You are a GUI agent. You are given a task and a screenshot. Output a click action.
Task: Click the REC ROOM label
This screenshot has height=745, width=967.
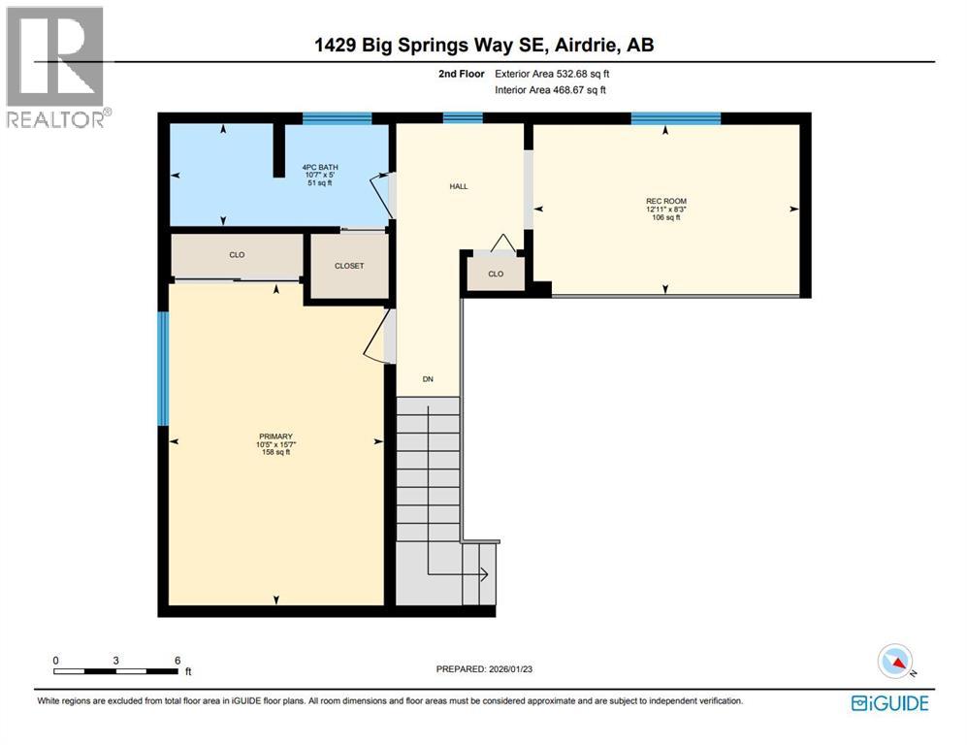point(665,202)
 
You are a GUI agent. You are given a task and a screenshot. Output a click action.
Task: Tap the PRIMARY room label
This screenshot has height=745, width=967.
point(275,437)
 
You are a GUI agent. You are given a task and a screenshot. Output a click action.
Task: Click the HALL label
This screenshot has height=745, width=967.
point(459,186)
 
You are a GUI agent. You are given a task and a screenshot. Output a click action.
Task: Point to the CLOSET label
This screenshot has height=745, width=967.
point(348,266)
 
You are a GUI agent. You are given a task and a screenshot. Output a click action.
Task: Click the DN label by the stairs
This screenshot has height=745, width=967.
point(427,379)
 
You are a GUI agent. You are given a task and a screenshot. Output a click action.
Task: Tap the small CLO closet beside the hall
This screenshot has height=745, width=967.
point(496,274)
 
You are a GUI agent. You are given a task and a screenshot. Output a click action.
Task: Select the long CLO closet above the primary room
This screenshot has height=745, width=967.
point(237,255)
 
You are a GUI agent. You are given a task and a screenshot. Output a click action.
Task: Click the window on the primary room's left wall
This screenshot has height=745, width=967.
point(163,369)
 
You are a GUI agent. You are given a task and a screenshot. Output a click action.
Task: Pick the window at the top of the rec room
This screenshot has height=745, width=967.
point(675,118)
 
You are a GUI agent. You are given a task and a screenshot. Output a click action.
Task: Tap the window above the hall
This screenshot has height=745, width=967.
point(463,118)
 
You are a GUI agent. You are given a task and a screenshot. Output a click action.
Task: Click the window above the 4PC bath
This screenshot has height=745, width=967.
point(337,118)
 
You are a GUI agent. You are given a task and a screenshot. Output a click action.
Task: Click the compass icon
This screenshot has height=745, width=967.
point(896,662)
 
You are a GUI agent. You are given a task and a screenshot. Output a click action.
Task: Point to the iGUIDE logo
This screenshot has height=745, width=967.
point(889,703)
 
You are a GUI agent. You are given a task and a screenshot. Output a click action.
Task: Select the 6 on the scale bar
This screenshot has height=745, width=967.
point(177,660)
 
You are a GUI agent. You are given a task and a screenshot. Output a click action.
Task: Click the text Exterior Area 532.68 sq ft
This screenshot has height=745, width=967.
point(553,74)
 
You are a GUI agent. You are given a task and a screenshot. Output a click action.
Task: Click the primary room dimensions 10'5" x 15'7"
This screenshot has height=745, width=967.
point(275,444)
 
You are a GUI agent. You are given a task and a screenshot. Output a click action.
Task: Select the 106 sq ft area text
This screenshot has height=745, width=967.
point(665,217)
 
